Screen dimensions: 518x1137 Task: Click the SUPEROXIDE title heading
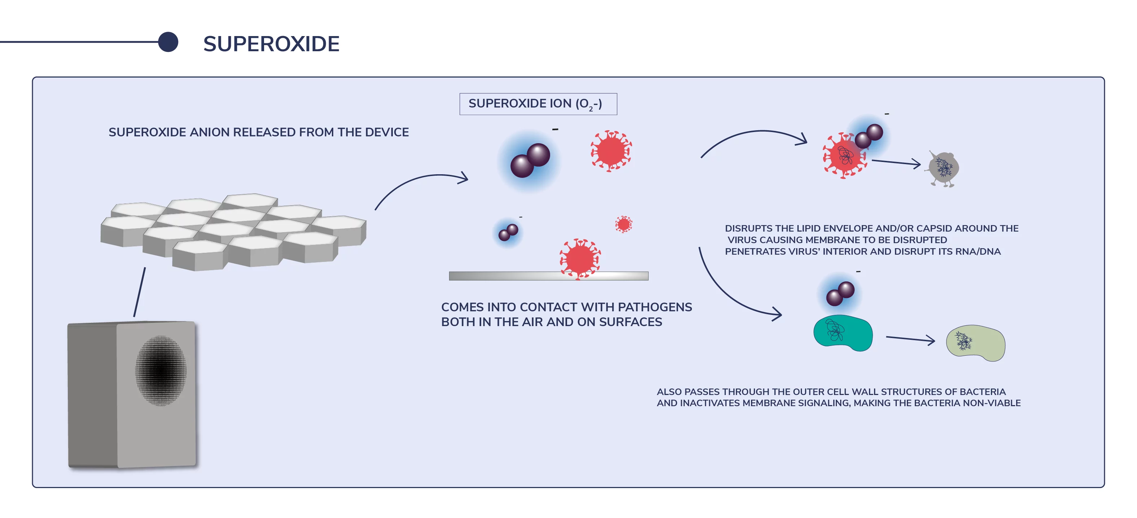coord(271,44)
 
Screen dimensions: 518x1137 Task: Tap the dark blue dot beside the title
coord(168,42)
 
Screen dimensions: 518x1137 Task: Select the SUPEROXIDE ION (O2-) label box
coord(538,104)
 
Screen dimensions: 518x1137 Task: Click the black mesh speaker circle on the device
coord(161,370)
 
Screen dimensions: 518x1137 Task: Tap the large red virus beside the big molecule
coord(611,151)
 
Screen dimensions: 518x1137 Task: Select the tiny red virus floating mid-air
coord(624,224)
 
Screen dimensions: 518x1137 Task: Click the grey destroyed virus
coord(944,168)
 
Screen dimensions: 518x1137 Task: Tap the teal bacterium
coord(843,333)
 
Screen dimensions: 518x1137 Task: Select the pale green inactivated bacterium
coord(975,343)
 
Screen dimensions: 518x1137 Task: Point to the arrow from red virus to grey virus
coord(896,163)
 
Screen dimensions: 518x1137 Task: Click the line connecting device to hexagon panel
coord(140,292)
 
